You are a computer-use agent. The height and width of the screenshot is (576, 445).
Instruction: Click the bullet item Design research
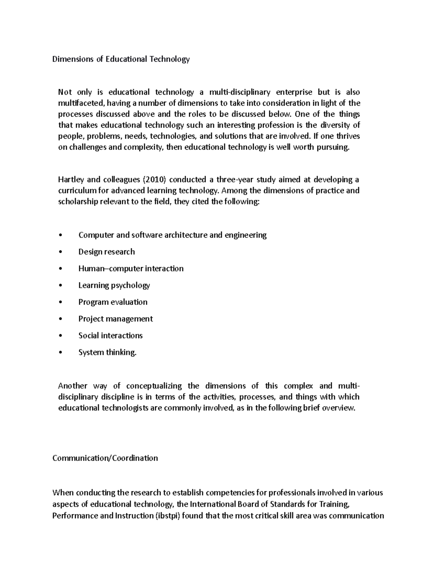coord(106,252)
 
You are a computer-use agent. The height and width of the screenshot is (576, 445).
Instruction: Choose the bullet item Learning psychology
coord(114,285)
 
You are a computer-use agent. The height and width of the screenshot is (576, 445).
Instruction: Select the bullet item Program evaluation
coord(113,302)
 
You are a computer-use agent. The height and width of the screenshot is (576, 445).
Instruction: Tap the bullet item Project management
coord(115,319)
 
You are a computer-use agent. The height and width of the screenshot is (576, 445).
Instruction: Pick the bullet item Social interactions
coord(111,335)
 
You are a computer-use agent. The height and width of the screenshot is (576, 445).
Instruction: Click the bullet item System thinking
coord(108,352)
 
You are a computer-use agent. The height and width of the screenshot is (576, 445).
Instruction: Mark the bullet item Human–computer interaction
coord(131,269)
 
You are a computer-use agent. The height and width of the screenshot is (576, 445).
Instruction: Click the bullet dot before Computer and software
coord(60,235)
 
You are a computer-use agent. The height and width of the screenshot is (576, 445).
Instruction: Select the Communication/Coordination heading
coord(105,458)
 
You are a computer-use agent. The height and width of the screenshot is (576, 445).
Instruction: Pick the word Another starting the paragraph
coord(73,386)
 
